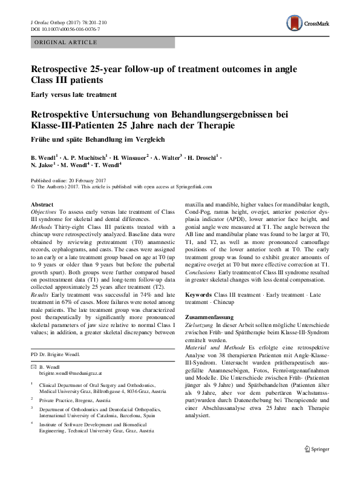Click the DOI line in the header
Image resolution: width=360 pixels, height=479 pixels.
(65, 29)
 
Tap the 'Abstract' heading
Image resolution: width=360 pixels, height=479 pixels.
(42, 205)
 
